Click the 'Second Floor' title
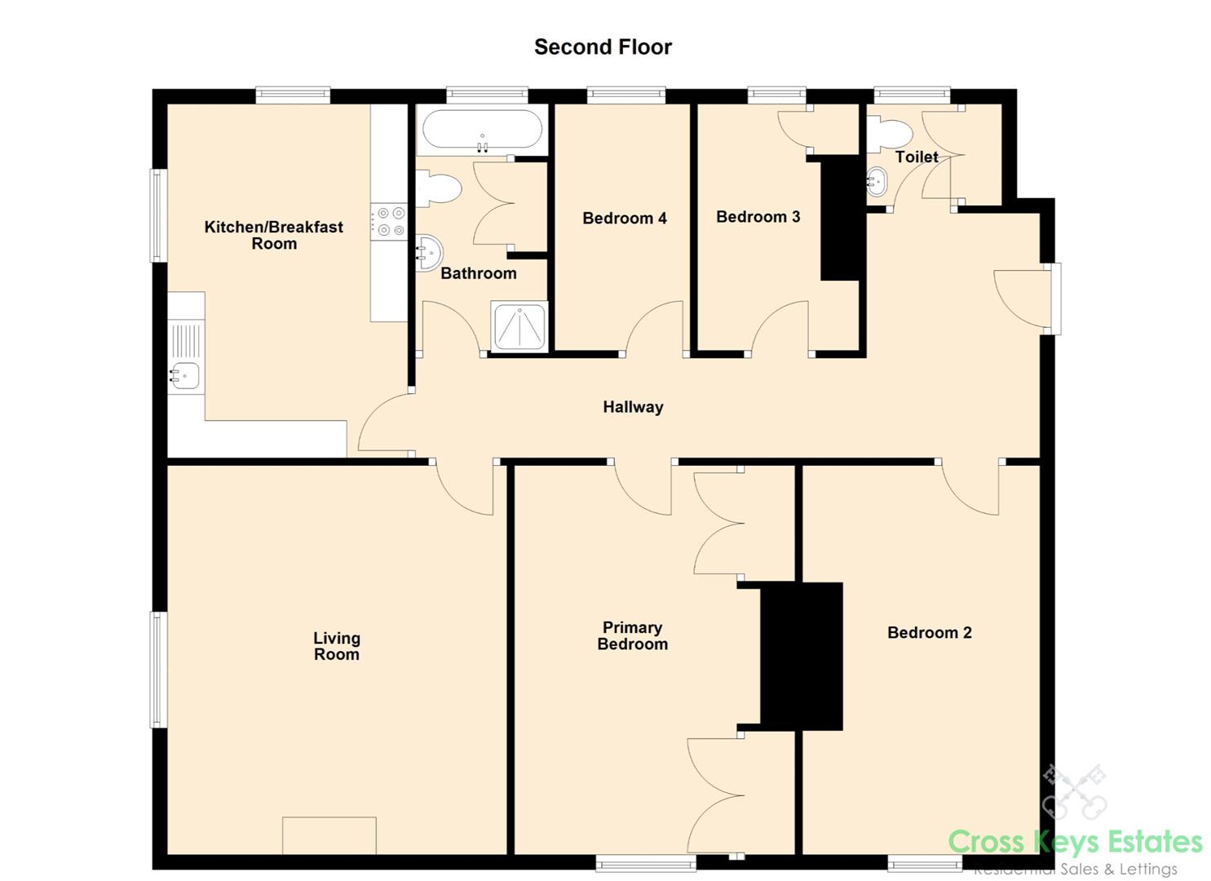603,47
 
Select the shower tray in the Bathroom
519,327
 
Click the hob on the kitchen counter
389,222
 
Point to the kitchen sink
185,376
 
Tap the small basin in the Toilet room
877,181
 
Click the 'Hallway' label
633,407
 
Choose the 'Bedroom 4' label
624,218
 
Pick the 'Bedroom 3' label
758,217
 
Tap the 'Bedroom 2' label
929,632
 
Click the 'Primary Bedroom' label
632,635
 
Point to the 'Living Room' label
337,646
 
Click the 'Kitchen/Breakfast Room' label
273,235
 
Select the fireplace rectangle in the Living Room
329,835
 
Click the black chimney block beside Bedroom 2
802,656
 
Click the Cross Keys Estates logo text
1075,841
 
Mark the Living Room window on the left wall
158,669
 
